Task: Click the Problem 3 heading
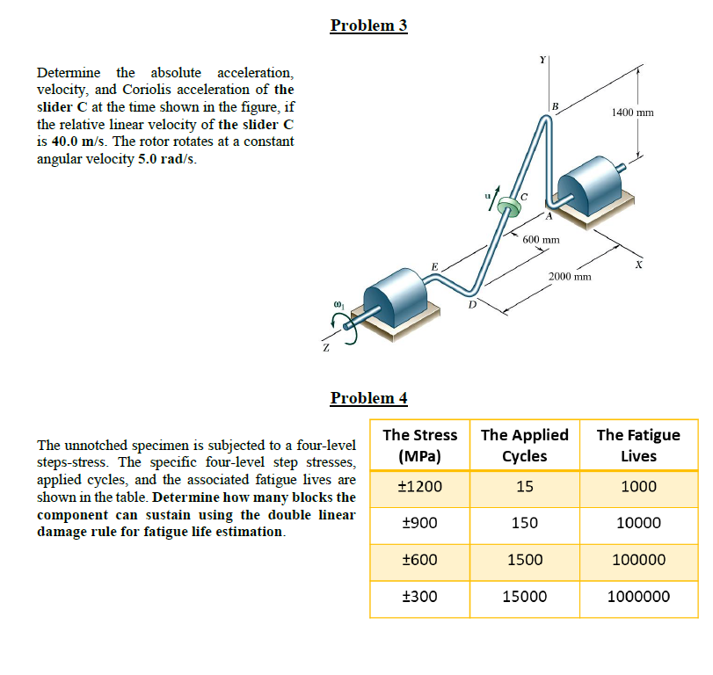tap(368, 25)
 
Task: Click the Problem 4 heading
tap(368, 397)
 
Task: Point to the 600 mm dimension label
tap(542, 240)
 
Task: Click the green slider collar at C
tap(507, 207)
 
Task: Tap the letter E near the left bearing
tap(433, 266)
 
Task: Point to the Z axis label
tap(325, 349)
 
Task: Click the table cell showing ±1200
tap(420, 487)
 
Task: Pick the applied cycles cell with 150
tap(524, 523)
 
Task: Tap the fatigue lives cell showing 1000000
tap(638, 596)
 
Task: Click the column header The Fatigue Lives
tap(638, 445)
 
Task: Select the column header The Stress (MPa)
tap(420, 445)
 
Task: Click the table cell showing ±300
tap(419, 596)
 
